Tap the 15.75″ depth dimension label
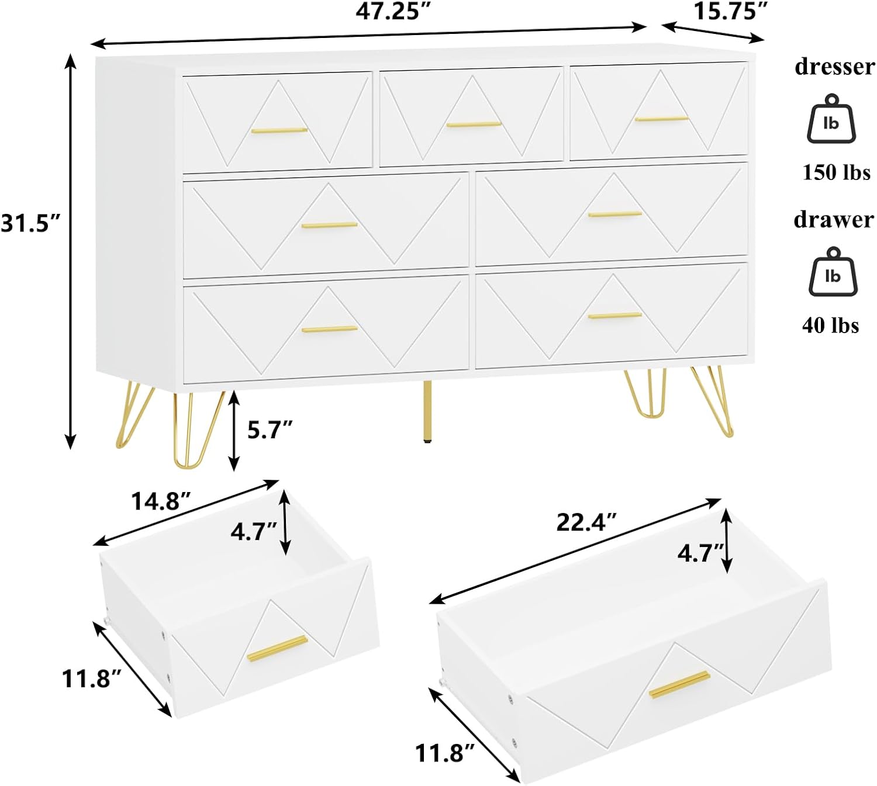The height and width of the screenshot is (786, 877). pos(730,12)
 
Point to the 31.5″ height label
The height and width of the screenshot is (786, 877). pos(30,223)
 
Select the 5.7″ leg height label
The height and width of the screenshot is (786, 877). pos(270,430)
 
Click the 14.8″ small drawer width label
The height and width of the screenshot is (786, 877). pos(161,501)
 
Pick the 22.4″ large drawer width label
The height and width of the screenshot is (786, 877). pos(586,522)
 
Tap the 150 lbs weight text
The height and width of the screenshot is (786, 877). pos(836,172)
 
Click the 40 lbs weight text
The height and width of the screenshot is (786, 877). pos(830,325)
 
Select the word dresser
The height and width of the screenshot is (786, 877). pos(834,67)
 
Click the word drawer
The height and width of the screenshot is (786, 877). pos(833,220)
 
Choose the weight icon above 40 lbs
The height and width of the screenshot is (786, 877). pos(833,272)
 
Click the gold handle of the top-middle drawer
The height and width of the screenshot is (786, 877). pos(474,124)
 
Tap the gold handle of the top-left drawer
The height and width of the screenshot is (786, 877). pos(279,130)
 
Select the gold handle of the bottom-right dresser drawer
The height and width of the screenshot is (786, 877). pos(614,316)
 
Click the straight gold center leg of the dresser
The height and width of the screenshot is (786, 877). pos(428,412)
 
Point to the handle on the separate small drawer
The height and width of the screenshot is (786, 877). pos(277,648)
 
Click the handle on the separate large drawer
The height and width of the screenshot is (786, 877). pos(679,684)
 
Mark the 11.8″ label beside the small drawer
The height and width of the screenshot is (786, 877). pos(92,678)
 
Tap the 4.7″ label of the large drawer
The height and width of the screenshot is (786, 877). pos(700,552)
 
